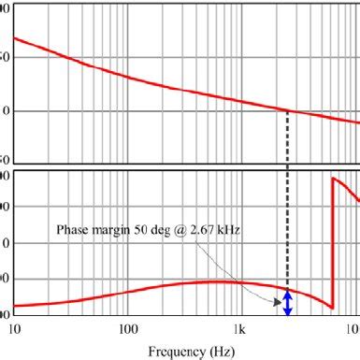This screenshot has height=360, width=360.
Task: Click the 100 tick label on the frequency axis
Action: point(128,329)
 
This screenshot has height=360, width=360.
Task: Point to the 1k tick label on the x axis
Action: point(241,329)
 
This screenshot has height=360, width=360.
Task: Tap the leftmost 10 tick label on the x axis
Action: point(13,329)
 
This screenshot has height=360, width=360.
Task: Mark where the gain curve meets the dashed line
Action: point(287,111)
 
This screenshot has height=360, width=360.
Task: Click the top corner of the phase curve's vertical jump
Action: point(332,178)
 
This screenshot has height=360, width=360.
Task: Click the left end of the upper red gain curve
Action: point(13,38)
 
